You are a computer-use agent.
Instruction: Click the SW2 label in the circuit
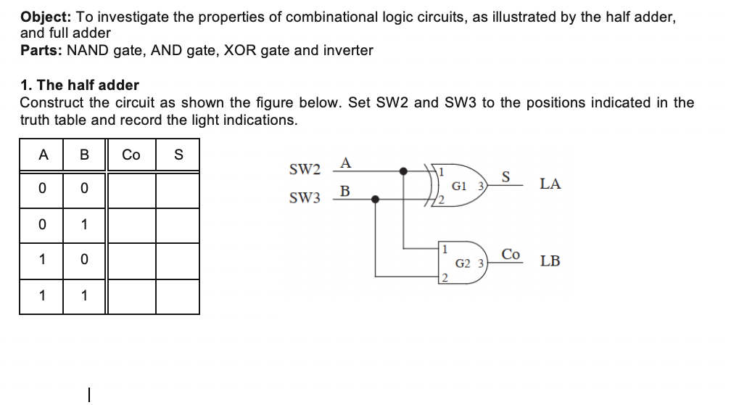click(x=305, y=171)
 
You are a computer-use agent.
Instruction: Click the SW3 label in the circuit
click(x=305, y=198)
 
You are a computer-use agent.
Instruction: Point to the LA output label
click(x=550, y=184)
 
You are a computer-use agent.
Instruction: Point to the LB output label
click(x=550, y=261)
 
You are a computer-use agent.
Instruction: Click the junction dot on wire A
click(x=404, y=171)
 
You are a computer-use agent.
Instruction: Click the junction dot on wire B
click(x=375, y=198)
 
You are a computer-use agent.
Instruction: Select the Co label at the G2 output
click(x=511, y=254)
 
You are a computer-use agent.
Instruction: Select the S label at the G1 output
click(x=506, y=176)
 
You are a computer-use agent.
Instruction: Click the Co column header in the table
click(x=131, y=155)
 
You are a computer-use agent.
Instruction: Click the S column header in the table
click(x=178, y=155)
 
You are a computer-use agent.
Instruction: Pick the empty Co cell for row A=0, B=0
click(x=131, y=189)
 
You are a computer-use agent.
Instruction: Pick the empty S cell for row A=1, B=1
click(x=178, y=296)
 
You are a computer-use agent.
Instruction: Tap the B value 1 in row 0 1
click(x=84, y=224)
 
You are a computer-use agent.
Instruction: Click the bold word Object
click(x=43, y=17)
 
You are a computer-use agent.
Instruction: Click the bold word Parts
click(x=39, y=50)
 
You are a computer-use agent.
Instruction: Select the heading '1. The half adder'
click(x=79, y=85)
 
